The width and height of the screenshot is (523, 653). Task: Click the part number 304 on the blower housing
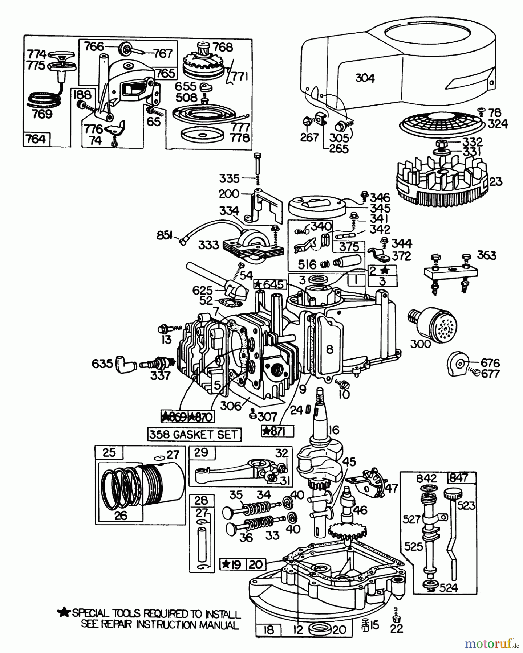[x=365, y=78]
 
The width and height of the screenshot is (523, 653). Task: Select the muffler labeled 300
[x=432, y=323]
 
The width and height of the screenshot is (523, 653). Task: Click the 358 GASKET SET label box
[x=194, y=434]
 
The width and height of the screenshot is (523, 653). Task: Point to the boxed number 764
[x=36, y=139]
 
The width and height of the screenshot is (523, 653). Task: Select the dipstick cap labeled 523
[x=452, y=493]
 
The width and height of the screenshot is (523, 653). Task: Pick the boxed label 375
[x=349, y=247]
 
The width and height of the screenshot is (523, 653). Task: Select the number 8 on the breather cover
[x=329, y=349]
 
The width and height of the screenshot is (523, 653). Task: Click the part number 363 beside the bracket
[x=486, y=255]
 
